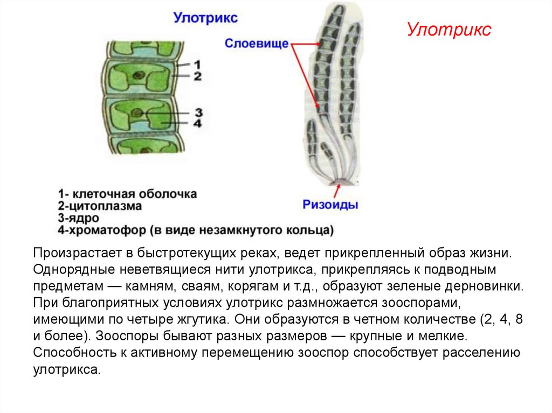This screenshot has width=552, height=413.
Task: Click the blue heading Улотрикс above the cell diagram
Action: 205,18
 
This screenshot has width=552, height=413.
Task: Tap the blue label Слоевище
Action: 257,43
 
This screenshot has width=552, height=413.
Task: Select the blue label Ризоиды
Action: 330,205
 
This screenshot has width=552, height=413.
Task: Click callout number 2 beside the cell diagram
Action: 197,76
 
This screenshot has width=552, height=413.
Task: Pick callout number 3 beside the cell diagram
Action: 198,112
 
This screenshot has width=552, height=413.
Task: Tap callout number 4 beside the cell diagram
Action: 198,123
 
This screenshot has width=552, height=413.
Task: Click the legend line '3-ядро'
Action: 79,218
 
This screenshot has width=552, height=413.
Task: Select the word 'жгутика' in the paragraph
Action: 197,319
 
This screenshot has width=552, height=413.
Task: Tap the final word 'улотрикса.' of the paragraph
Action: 66,370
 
